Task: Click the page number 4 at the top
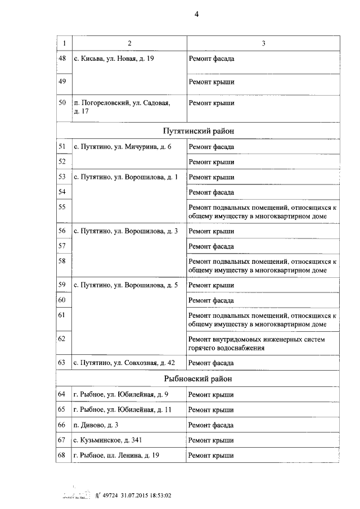(x=197, y=15)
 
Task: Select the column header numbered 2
(x=129, y=43)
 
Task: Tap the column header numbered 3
(x=263, y=43)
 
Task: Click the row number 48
(x=62, y=58)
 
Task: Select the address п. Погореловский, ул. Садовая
(x=121, y=107)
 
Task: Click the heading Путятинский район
(x=199, y=131)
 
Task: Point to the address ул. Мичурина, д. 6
(x=122, y=147)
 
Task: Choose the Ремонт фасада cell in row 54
(x=211, y=191)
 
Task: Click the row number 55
(x=62, y=206)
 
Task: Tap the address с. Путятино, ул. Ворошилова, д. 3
(x=125, y=231)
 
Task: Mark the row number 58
(x=62, y=261)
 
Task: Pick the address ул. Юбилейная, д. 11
(x=123, y=409)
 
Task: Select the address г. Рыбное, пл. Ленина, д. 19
(x=116, y=455)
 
